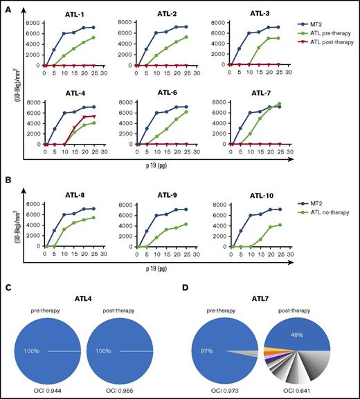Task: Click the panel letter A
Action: tap(6, 7)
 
